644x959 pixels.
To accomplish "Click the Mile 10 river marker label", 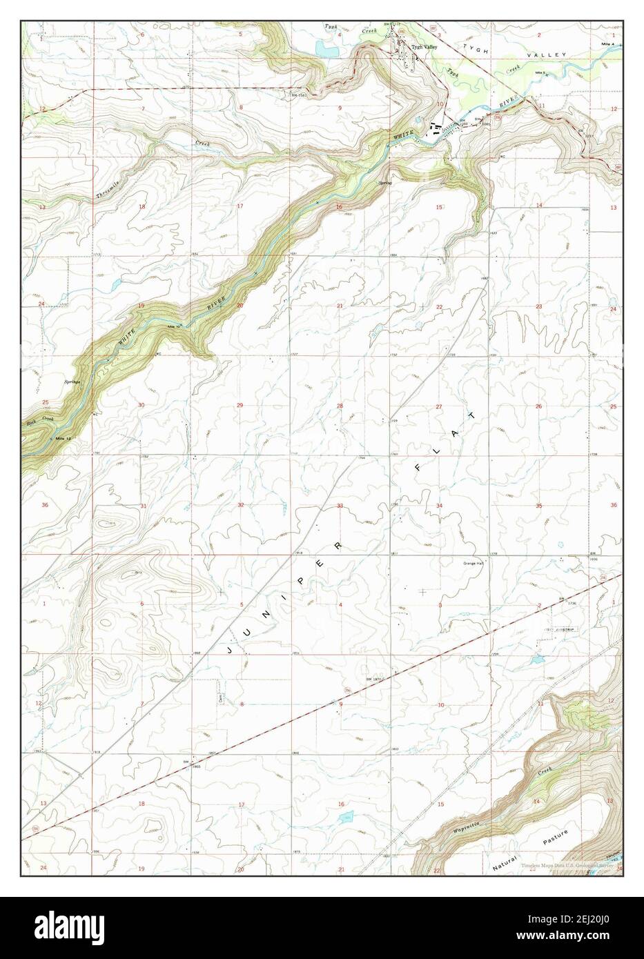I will click(174, 326).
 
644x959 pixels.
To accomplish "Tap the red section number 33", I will click(340, 506).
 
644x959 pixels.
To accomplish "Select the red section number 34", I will click(438, 506).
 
